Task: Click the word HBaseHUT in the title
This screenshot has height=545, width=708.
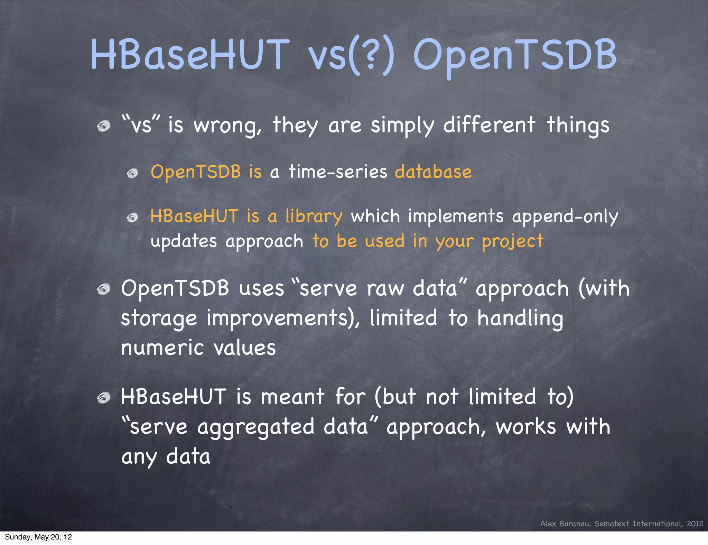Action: pyautogui.click(x=190, y=55)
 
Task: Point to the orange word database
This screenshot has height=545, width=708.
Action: pyautogui.click(x=433, y=172)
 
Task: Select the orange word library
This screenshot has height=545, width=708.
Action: pyautogui.click(x=314, y=217)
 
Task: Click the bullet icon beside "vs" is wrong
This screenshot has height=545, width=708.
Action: pyautogui.click(x=103, y=126)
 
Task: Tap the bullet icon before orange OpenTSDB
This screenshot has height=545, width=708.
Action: pyautogui.click(x=132, y=173)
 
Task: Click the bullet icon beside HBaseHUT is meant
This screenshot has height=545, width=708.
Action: pyautogui.click(x=103, y=398)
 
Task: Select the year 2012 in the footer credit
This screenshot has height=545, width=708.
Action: pyautogui.click(x=695, y=524)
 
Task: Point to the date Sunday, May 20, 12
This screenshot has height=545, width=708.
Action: pyautogui.click(x=38, y=537)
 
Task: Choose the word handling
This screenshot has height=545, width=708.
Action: pyautogui.click(x=520, y=318)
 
